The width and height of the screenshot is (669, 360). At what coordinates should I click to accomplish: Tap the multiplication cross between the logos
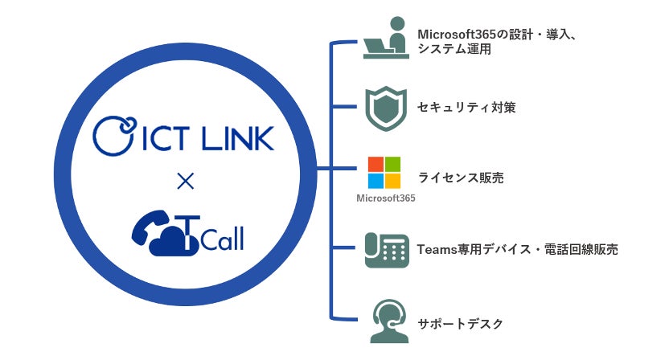184,183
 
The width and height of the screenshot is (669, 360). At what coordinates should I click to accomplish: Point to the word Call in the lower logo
220,238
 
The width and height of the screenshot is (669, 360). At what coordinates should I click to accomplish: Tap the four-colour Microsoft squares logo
384,171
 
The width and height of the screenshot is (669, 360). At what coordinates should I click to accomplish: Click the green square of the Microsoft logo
392,163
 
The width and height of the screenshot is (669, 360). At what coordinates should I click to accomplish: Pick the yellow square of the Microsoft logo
392,180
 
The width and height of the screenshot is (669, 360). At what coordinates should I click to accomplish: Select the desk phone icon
384,249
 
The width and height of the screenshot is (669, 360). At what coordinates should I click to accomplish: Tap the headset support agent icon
384,321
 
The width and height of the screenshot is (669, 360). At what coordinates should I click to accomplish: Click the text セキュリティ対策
466,107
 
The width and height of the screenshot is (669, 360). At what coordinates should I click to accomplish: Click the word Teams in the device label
437,250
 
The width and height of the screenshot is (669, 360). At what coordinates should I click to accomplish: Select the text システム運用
454,50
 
